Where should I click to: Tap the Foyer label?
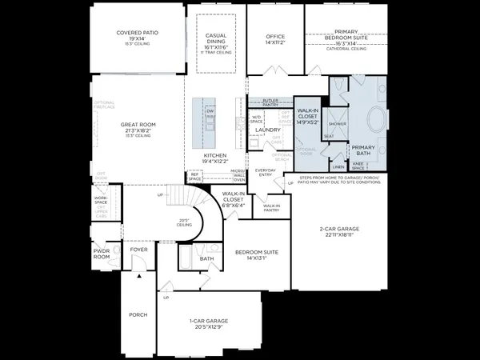pyautogui.click(x=140, y=249)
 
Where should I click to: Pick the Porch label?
pyautogui.click(x=138, y=314)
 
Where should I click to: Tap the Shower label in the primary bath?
pyautogui.click(x=337, y=124)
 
